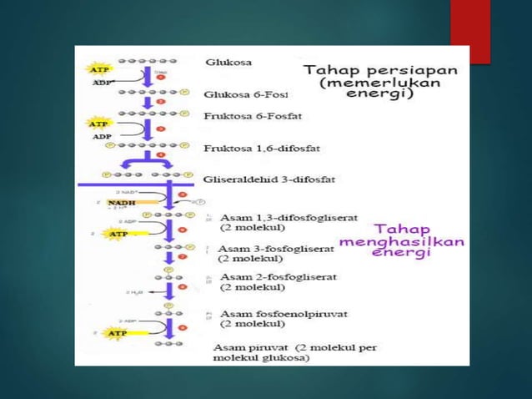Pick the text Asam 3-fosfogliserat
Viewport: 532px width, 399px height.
(x=273, y=249)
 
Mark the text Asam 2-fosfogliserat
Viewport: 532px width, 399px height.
(x=273, y=277)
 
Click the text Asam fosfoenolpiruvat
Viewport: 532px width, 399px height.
(x=284, y=314)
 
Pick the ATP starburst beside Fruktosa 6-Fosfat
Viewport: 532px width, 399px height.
(x=98, y=124)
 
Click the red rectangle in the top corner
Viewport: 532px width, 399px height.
(x=470, y=30)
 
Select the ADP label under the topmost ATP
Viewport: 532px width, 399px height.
(x=99, y=83)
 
